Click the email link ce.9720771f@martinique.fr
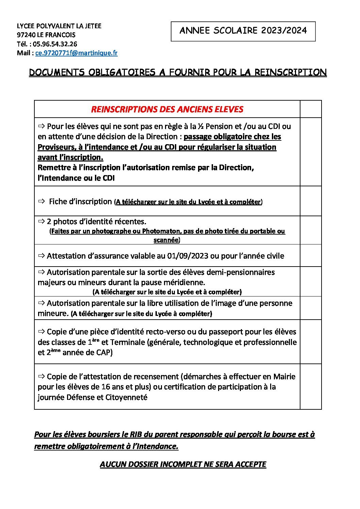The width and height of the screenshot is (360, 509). click(76, 53)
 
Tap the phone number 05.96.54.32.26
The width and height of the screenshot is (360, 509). click(55, 44)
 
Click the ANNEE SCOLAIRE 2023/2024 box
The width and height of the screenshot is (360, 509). click(243, 31)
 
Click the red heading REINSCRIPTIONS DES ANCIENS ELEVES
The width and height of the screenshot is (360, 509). click(167, 109)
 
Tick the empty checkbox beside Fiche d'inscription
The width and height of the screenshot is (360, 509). click(310, 201)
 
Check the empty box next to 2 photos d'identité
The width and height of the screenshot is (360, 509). click(310, 230)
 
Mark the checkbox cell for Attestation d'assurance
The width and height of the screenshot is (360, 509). click(310, 255)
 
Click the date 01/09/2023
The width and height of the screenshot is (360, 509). click(187, 256)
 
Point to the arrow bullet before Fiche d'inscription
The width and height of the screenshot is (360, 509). click(42, 201)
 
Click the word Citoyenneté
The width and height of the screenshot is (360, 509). click(126, 397)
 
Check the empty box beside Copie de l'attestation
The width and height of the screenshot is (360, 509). click(310, 386)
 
